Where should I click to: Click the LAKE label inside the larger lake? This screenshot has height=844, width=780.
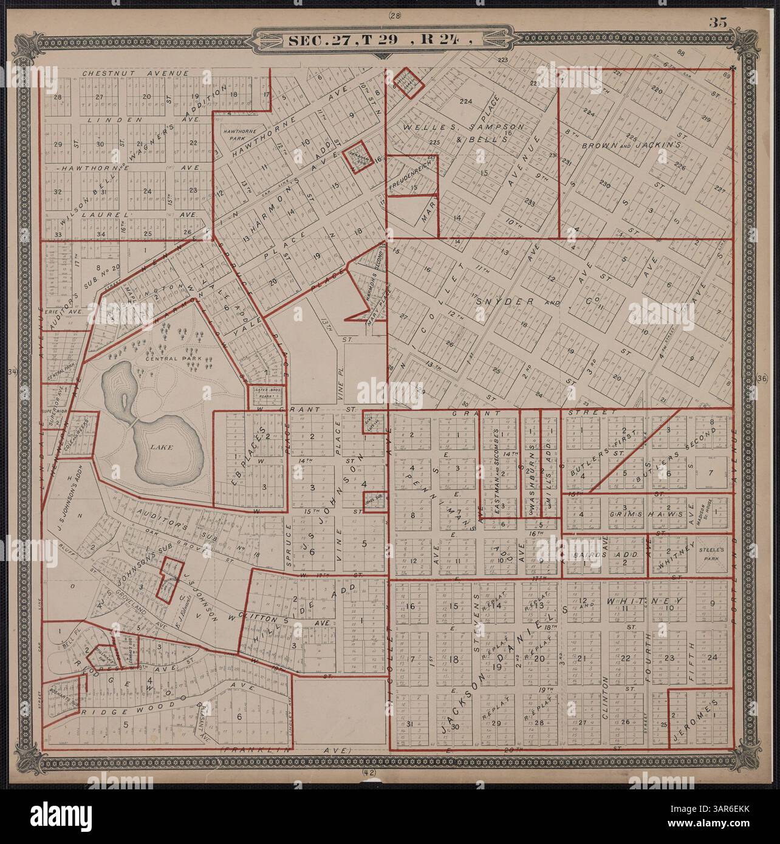162,447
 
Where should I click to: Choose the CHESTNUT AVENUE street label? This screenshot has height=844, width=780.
136,73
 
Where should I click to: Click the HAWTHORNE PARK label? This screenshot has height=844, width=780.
231,134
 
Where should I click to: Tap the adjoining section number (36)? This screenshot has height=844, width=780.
764,378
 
